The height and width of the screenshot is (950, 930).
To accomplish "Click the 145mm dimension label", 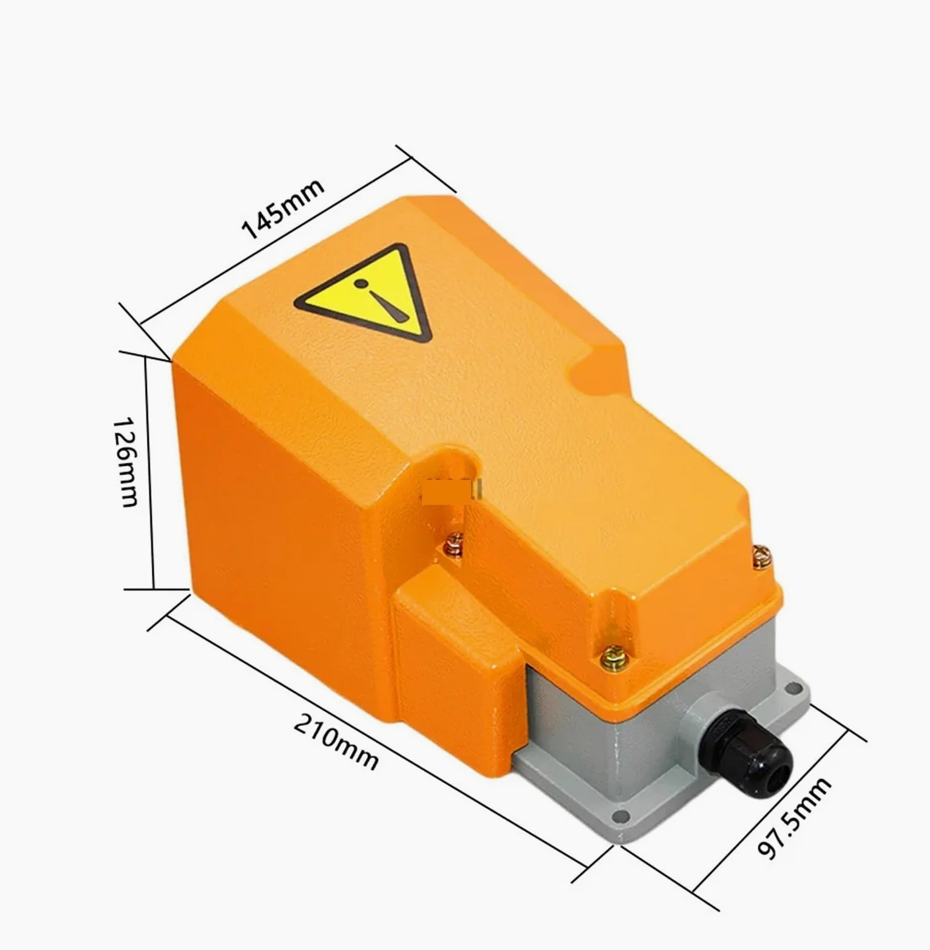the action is pyautogui.click(x=282, y=208).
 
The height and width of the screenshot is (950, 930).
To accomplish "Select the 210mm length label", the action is pyautogui.click(x=336, y=742).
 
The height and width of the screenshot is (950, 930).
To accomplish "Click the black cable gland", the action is pyautogui.click(x=752, y=754).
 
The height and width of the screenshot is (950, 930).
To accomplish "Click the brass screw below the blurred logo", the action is pyautogui.click(x=453, y=542).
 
